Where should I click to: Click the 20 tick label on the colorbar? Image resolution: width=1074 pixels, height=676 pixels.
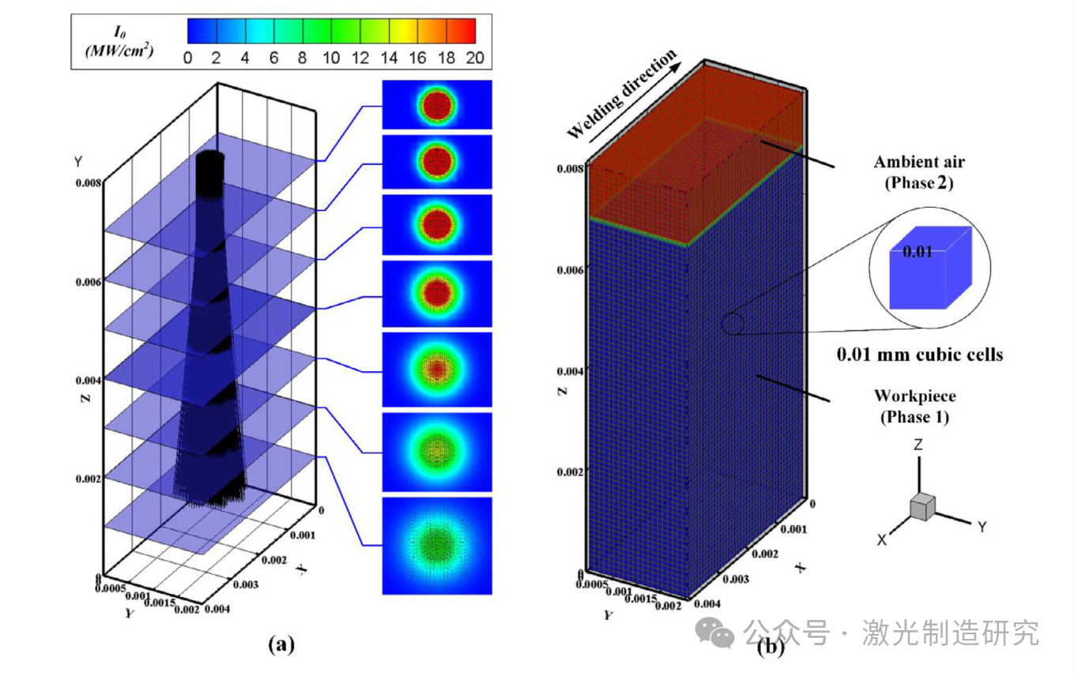coord(475,58)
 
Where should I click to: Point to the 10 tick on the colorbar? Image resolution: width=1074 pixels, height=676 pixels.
coord(331,58)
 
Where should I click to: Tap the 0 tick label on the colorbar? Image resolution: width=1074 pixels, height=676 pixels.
coord(187,58)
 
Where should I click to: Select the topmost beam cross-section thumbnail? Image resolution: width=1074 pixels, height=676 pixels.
coord(437,104)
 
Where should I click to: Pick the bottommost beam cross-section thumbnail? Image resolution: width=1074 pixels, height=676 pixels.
coord(437,545)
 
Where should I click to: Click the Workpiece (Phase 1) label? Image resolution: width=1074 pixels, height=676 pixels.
coord(914,406)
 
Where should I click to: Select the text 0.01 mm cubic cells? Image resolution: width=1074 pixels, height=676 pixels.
coord(920,355)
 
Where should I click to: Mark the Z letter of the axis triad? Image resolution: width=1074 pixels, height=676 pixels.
coord(918,445)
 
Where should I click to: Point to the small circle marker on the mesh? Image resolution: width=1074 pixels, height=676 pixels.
coord(733,324)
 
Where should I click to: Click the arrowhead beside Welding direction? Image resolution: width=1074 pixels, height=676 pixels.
coord(674,58)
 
